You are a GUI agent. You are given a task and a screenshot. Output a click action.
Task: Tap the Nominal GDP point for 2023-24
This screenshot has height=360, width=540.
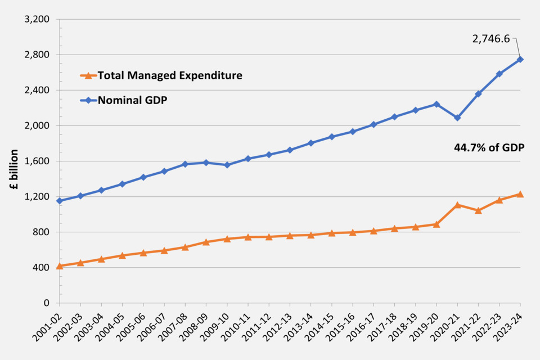pyautogui.click(x=520, y=59)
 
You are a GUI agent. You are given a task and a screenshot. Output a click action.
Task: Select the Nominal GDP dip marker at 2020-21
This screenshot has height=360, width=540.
pyautogui.click(x=457, y=118)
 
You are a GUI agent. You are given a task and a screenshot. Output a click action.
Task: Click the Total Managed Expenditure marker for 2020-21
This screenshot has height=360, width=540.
pyautogui.click(x=457, y=205)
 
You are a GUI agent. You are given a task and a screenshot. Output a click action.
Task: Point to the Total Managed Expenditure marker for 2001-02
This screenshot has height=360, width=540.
pyautogui.click(x=60, y=265)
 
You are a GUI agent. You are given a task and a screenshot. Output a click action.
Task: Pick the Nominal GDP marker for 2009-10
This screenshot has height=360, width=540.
pyautogui.click(x=227, y=165)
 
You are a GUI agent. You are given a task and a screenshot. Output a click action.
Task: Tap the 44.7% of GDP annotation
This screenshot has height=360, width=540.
pyautogui.click(x=489, y=147)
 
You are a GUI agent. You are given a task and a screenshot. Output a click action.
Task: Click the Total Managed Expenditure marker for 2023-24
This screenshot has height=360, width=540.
pyautogui.click(x=520, y=194)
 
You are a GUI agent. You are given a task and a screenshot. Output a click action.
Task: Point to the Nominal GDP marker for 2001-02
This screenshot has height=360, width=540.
pyautogui.click(x=60, y=201)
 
